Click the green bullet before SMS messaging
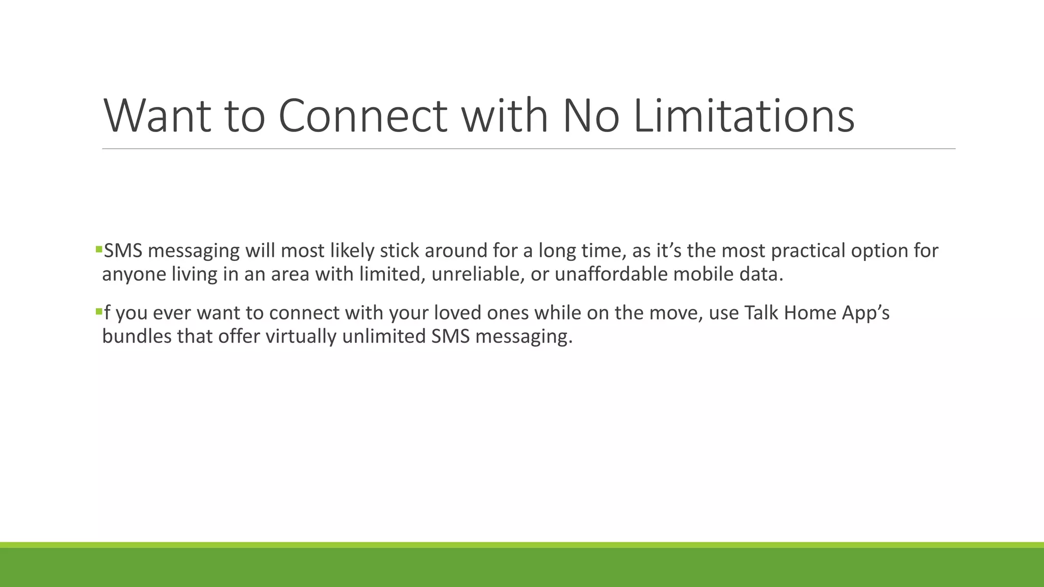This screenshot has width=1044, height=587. pyautogui.click(x=99, y=249)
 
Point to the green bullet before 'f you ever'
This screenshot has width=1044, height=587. pyautogui.click(x=99, y=311)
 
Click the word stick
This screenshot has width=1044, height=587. pyautogui.click(x=399, y=251)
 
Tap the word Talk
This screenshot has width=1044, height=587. pyautogui.click(x=761, y=313)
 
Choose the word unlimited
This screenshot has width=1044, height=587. pyautogui.click(x=383, y=336)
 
